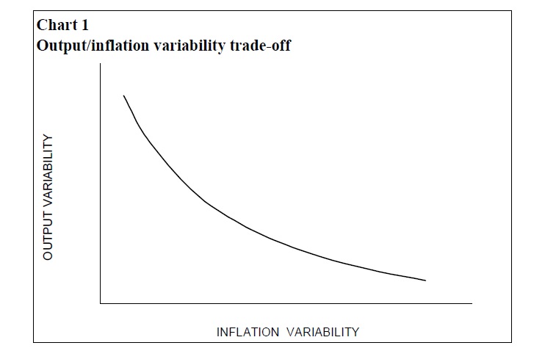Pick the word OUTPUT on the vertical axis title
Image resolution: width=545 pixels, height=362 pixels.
point(48,232)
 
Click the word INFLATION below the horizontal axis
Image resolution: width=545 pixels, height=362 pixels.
point(248,332)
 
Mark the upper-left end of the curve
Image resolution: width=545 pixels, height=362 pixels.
point(123,95)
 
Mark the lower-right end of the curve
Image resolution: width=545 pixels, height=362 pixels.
point(426,280)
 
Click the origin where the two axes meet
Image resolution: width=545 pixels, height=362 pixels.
point(100,302)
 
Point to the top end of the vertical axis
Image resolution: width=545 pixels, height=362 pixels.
point(100,65)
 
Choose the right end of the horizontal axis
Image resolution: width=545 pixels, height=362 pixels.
point(472,302)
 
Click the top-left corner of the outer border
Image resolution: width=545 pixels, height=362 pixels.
point(34,11)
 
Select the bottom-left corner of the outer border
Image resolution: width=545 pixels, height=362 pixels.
point(34,342)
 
